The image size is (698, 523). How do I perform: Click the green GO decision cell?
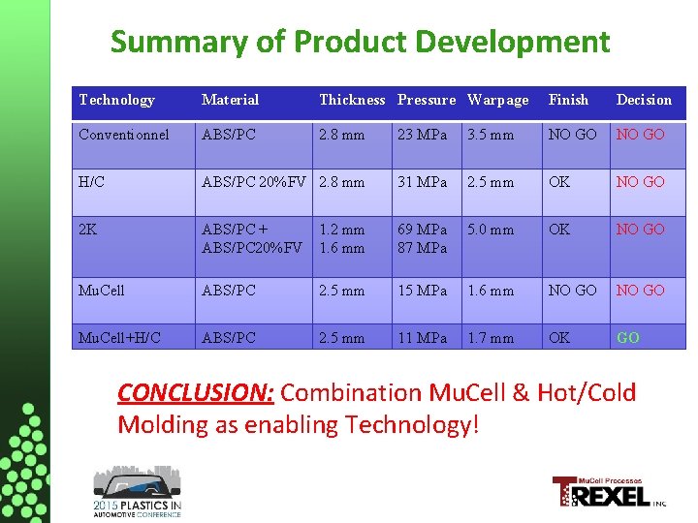(x=627, y=338)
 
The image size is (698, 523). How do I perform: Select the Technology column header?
(x=116, y=100)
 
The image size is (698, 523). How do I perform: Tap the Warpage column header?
(x=498, y=100)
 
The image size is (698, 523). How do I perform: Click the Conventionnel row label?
(x=124, y=135)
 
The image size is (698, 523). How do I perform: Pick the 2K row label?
(x=88, y=230)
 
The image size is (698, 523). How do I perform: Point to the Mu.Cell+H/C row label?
(x=120, y=338)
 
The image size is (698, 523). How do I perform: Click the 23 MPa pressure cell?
(x=423, y=135)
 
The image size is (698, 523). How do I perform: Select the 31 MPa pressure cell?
(x=423, y=181)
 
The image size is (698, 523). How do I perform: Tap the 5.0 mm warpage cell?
(x=491, y=230)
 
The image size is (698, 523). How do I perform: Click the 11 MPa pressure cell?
(x=423, y=338)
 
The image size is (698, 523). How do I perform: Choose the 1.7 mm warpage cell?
(x=491, y=338)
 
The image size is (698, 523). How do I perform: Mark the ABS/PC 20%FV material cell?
(x=254, y=181)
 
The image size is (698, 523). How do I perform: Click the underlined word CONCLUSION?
(x=196, y=393)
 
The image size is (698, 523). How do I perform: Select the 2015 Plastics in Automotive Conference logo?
(x=137, y=493)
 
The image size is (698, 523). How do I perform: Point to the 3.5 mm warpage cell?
(x=491, y=135)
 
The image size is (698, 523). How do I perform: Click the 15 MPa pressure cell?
(x=423, y=290)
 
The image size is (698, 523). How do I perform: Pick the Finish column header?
(x=568, y=100)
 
